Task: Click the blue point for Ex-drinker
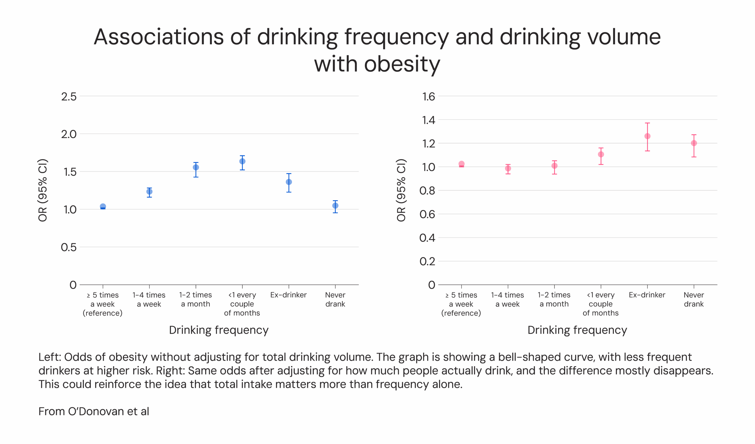click(x=289, y=182)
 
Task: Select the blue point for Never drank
click(x=335, y=206)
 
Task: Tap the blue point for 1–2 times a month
click(x=196, y=167)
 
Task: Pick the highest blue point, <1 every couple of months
click(x=242, y=161)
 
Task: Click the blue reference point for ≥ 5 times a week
click(x=103, y=207)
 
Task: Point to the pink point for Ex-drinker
click(x=647, y=136)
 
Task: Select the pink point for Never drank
click(x=694, y=143)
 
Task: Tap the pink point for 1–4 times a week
click(x=508, y=168)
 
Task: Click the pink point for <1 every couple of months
click(x=601, y=154)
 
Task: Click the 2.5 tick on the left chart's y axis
click(x=69, y=96)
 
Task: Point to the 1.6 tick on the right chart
click(x=429, y=96)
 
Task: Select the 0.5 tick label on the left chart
click(x=69, y=247)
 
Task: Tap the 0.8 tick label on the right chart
click(x=427, y=191)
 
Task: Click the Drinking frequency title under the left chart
click(x=219, y=330)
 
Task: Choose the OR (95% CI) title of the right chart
click(x=401, y=190)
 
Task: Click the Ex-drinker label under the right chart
click(x=647, y=295)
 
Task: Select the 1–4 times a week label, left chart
click(x=149, y=299)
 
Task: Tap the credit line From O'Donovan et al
click(x=94, y=411)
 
